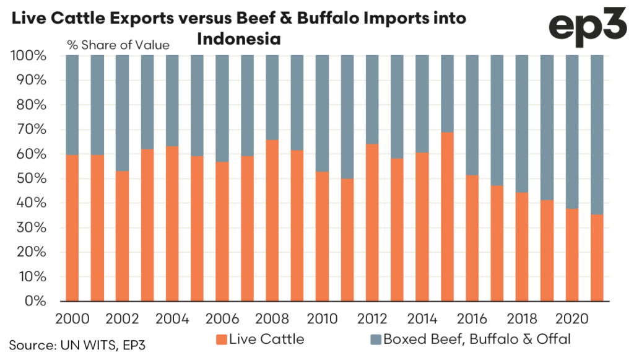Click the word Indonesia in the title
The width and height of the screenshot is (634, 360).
pos(239,40)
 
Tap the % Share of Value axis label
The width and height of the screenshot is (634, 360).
pos(118,45)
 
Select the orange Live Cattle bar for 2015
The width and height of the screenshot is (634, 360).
pos(447,217)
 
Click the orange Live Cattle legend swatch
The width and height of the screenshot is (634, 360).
pos(221,340)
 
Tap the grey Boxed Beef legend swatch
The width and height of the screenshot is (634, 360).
pos(376,340)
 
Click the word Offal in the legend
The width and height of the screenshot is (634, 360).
pos(552,340)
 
